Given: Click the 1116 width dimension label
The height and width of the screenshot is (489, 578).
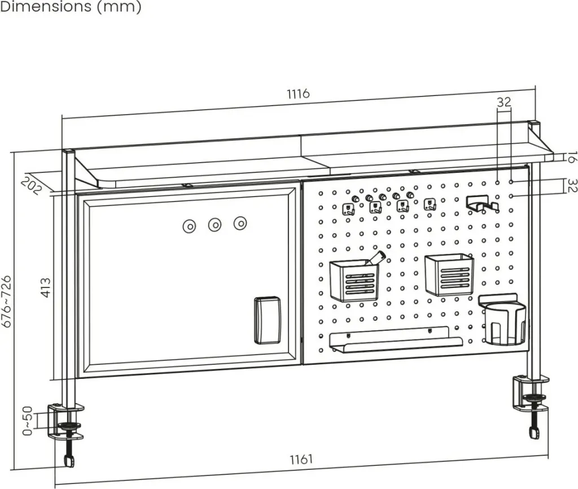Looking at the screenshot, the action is pyautogui.click(x=299, y=94).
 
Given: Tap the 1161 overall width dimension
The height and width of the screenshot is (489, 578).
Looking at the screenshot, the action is pyautogui.click(x=301, y=460).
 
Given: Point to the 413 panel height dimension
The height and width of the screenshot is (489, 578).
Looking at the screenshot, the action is pyautogui.click(x=46, y=287).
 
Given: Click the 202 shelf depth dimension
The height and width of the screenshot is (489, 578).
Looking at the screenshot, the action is pyautogui.click(x=32, y=186).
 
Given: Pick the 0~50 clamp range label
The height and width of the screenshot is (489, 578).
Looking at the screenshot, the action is pyautogui.click(x=28, y=421).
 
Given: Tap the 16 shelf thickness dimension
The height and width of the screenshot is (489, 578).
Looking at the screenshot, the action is pyautogui.click(x=572, y=157).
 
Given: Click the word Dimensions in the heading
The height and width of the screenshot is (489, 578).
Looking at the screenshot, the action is pyautogui.click(x=46, y=6).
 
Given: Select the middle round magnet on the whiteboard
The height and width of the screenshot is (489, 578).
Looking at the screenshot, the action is pyautogui.click(x=214, y=225).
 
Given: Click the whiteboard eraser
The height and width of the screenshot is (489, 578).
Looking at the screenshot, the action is pyautogui.click(x=267, y=320).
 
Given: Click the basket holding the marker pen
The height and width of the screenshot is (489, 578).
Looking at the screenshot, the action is pyautogui.click(x=354, y=279).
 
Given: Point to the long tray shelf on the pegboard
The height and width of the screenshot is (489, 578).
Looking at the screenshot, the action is pyautogui.click(x=396, y=340).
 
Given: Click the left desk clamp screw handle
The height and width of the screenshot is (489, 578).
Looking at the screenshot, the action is pyautogui.click(x=69, y=461).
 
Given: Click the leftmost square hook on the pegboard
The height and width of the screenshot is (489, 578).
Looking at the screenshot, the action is pyautogui.click(x=348, y=209).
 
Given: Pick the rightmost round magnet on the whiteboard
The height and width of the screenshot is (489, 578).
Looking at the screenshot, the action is pyautogui.click(x=240, y=222).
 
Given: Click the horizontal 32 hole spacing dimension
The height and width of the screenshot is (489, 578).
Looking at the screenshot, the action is pyautogui.click(x=504, y=102).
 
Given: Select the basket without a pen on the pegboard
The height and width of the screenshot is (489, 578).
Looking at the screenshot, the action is pyautogui.click(x=449, y=275).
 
